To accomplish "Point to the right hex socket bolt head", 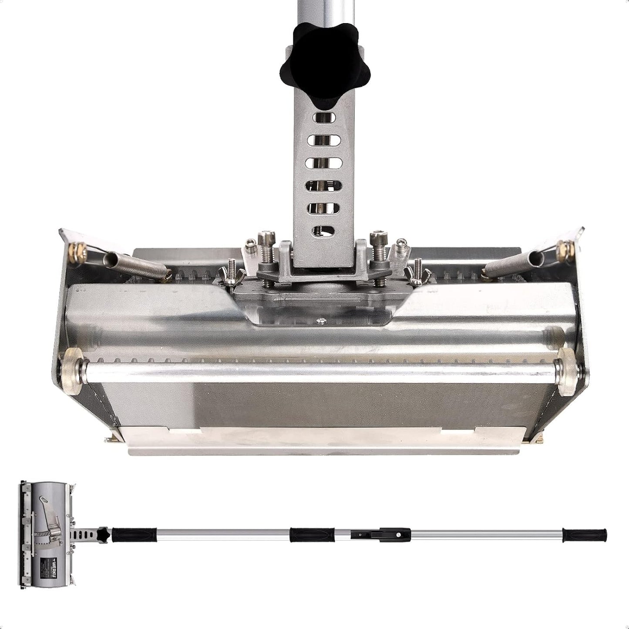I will tap(375, 239).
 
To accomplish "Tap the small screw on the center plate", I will tap(320, 321).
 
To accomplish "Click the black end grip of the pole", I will tap(584, 534).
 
